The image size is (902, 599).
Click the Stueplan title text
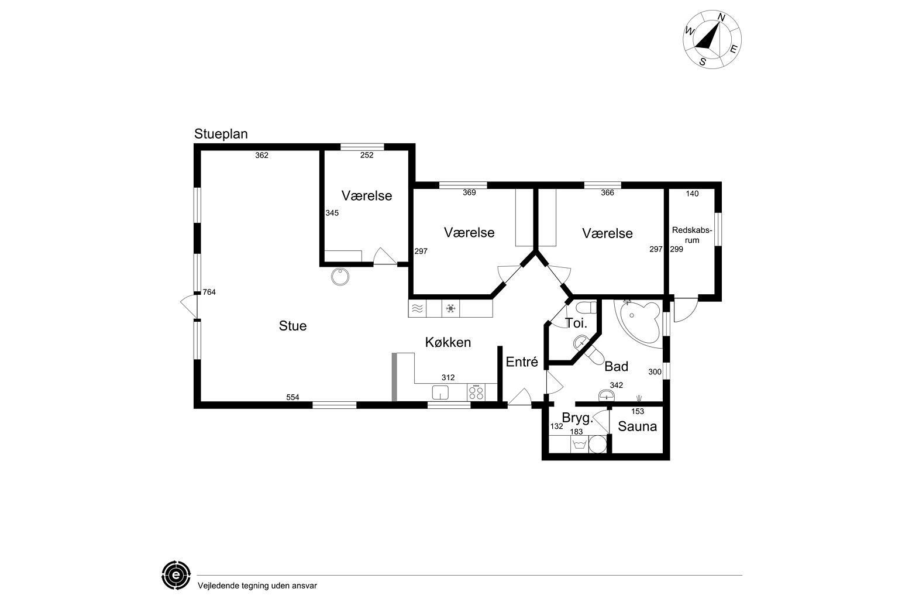(x=221, y=134)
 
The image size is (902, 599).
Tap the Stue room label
(x=292, y=326)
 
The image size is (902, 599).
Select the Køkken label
(x=447, y=342)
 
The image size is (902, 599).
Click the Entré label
(x=522, y=362)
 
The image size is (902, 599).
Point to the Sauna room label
(x=638, y=426)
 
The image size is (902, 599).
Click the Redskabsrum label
(x=692, y=235)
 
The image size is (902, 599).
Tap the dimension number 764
(x=209, y=292)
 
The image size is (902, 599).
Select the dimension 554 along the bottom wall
(x=292, y=397)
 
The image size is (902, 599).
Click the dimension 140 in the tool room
(x=692, y=194)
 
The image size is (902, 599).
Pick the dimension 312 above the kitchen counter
(x=448, y=378)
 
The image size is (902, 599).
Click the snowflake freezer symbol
(x=450, y=309)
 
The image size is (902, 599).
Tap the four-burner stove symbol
(x=476, y=392)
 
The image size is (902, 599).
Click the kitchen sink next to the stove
(x=440, y=393)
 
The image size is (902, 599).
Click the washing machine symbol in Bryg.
(x=580, y=445)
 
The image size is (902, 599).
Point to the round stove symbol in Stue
(x=340, y=277)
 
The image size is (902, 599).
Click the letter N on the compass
(x=721, y=18)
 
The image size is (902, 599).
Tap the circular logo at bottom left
(x=176, y=575)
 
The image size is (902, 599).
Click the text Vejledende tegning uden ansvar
(x=257, y=586)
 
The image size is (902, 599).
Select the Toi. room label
(x=576, y=323)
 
